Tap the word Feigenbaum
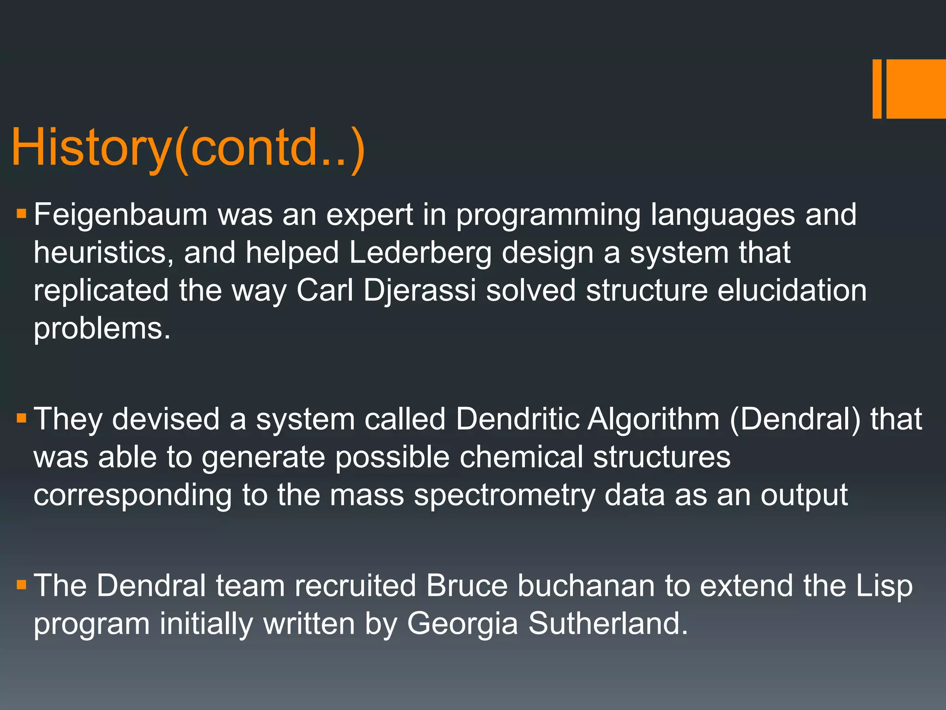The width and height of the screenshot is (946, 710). tap(121, 215)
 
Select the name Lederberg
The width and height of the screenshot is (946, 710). tap(420, 253)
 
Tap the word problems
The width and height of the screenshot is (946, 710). tap(102, 329)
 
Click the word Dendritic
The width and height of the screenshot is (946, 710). tap(517, 419)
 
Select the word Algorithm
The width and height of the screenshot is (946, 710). tap(653, 419)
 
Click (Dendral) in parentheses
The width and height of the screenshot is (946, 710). tap(795, 419)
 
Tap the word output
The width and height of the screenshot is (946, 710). tap(804, 495)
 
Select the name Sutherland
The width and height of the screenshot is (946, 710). tap(608, 624)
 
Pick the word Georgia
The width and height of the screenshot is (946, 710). tap(462, 624)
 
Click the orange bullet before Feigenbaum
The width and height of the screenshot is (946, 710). tap(21, 214)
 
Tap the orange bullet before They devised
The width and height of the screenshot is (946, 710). tap(21, 418)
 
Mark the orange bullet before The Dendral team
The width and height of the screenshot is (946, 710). tap(21, 585)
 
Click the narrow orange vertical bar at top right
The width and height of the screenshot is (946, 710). tap(877, 89)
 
